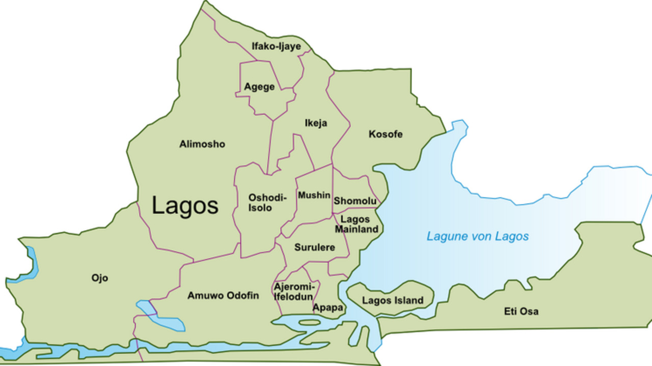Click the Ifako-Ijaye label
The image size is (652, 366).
click(x=276, y=46)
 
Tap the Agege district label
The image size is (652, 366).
click(x=259, y=87)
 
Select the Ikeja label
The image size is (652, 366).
click(x=315, y=123)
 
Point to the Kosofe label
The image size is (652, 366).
click(x=385, y=134)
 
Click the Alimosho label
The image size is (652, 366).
click(x=202, y=144)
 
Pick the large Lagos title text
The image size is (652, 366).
click(x=185, y=206)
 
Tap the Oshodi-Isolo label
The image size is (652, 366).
click(x=267, y=203)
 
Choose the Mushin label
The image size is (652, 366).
click(x=314, y=195)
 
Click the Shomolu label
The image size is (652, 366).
click(x=355, y=201)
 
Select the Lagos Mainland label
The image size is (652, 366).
click(x=356, y=224)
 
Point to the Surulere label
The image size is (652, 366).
click(x=314, y=247)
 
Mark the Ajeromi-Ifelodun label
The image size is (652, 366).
click(x=294, y=292)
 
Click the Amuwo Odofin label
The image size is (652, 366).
click(x=223, y=296)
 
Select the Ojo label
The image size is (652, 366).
click(x=99, y=278)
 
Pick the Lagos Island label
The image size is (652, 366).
click(x=392, y=300)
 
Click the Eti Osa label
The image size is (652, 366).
click(x=521, y=311)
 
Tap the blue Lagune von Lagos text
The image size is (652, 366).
click(x=477, y=236)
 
